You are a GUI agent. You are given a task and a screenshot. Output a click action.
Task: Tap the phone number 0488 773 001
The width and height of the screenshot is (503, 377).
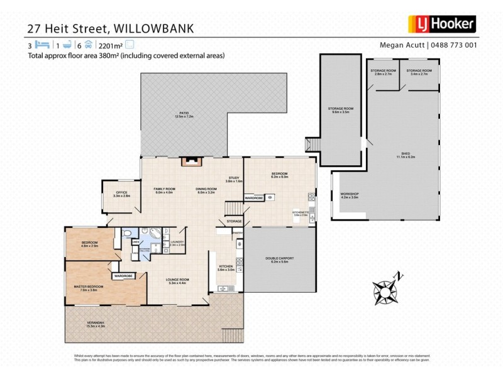pos(455,45)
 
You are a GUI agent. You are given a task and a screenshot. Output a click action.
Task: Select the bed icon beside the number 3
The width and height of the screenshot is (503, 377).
pos(41,45)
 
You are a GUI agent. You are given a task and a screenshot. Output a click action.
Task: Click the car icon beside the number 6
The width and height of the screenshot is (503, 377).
pos(89,45)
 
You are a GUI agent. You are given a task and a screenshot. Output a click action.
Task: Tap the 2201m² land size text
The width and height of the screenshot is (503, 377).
pos(111,45)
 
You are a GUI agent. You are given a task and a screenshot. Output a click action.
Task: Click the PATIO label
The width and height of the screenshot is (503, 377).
pos(183,114)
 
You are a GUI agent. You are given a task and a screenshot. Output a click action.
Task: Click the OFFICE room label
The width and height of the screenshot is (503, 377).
pos(122,194)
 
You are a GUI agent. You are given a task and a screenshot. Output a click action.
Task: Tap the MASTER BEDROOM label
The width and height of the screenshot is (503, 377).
pos(88,286)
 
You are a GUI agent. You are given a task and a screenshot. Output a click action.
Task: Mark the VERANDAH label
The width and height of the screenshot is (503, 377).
pos(96,323)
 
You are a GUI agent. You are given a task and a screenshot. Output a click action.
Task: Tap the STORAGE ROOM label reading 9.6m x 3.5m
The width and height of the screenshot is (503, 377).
pos(341,109)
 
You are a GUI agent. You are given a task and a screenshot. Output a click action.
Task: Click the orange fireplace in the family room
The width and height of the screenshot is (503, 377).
pos(191,160)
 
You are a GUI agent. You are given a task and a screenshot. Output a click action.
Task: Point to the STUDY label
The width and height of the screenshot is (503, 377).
pos(235,178)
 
